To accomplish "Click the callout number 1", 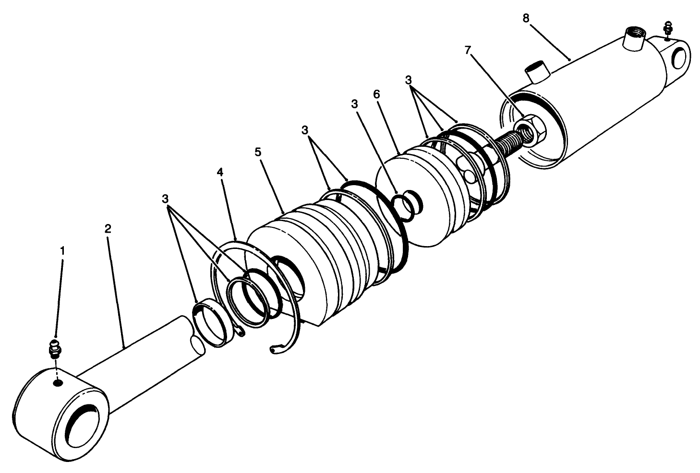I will click(x=62, y=250).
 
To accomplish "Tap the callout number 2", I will click(x=108, y=228).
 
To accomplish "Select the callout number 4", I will click(x=220, y=172).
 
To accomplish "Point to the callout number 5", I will click(x=258, y=152).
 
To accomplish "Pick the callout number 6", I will click(x=376, y=94).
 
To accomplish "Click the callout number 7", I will click(x=468, y=49).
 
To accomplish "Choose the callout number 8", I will click(x=526, y=18).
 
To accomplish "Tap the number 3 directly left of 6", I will click(x=354, y=104).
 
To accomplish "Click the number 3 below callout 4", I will click(x=166, y=198).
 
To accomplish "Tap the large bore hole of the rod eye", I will click(x=85, y=423).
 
